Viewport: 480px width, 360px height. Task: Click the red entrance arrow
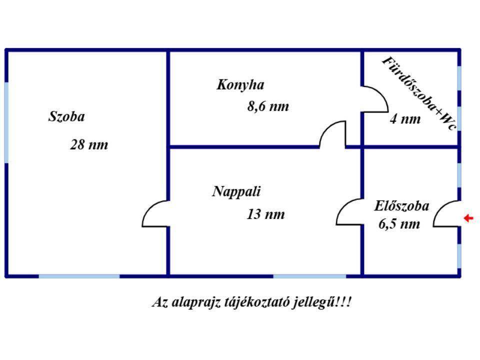(x=468, y=218)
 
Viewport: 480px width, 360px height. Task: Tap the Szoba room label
(x=66, y=116)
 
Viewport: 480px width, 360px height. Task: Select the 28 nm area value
(x=89, y=144)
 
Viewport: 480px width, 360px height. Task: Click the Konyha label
(x=240, y=85)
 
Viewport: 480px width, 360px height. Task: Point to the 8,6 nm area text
(x=268, y=106)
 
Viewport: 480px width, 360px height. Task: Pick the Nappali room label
(x=236, y=191)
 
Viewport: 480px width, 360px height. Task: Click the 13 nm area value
(x=265, y=214)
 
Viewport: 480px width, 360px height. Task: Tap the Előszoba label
(x=401, y=205)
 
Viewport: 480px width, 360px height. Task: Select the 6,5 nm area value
(x=399, y=224)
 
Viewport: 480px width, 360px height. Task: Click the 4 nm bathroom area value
(x=405, y=119)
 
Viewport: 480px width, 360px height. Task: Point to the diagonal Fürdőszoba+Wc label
(x=419, y=93)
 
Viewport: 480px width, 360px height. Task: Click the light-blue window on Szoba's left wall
(x=6, y=122)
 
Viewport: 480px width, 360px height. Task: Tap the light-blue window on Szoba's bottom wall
(x=79, y=276)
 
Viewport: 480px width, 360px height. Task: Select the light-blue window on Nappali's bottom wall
(x=309, y=276)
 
